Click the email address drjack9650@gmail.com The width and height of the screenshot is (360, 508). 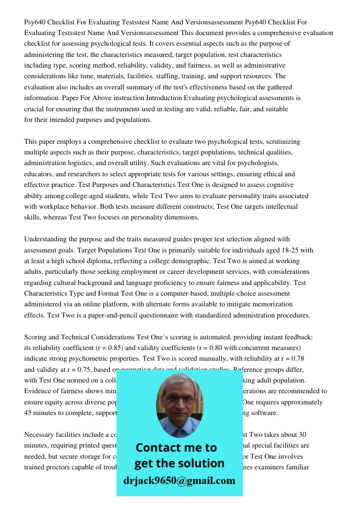(179, 481)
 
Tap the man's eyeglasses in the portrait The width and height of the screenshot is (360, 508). (179, 399)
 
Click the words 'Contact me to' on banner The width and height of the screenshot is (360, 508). (176, 448)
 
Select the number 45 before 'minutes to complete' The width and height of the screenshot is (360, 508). (29, 413)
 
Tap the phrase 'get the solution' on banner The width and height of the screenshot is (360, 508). (179, 463)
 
